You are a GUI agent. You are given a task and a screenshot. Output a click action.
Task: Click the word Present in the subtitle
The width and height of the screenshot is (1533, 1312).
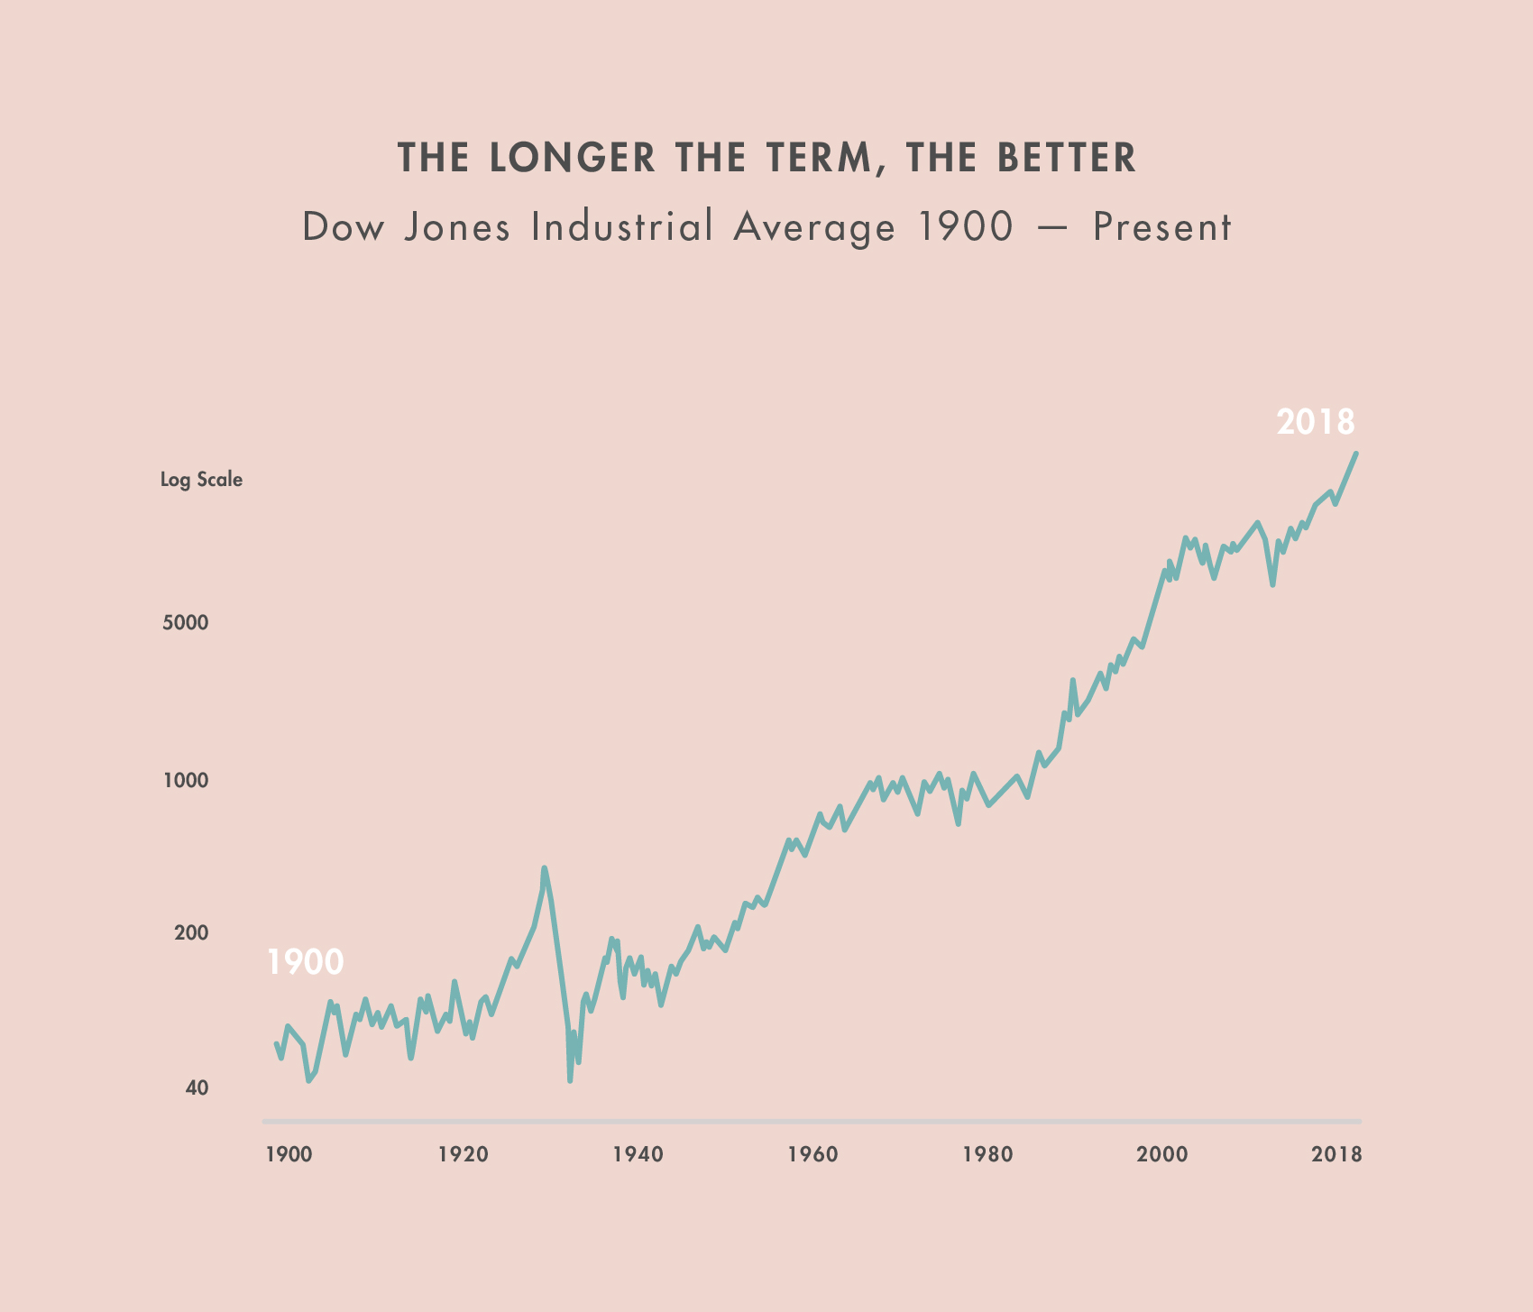[1161, 227]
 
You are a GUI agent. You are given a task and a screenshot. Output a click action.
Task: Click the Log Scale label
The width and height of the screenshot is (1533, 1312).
[201, 480]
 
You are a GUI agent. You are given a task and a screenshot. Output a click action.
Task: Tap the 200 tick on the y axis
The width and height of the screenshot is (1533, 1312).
[190, 933]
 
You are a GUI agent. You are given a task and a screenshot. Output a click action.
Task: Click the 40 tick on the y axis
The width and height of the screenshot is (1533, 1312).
[197, 1088]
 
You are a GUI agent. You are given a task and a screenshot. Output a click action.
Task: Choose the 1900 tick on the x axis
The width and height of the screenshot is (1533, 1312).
[289, 1155]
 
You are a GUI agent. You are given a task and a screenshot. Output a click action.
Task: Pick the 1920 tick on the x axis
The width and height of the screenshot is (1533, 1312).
[463, 1155]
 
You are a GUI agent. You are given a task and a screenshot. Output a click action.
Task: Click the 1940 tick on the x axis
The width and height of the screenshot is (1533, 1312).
[638, 1155]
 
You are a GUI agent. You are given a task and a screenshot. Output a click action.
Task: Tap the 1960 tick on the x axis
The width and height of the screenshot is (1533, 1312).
[812, 1155]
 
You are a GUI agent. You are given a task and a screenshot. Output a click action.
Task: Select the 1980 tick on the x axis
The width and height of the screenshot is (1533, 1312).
[987, 1155]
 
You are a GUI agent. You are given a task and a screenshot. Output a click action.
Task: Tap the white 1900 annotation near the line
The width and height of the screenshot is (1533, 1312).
[305, 963]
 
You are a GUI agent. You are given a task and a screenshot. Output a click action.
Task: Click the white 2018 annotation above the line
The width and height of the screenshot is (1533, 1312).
[1316, 422]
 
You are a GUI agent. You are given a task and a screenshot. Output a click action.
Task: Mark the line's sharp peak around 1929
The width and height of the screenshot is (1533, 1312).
[544, 868]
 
